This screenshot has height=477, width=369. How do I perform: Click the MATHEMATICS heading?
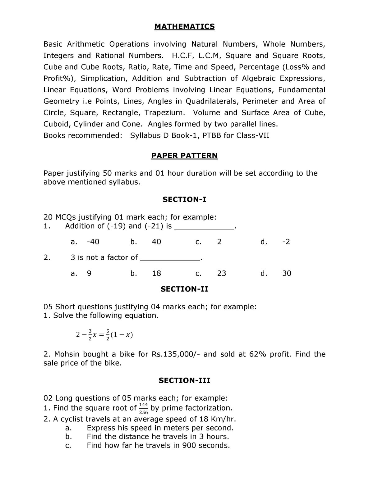coord(184,27)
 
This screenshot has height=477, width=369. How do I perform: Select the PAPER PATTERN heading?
coord(184,156)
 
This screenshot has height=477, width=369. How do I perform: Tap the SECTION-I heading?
coord(184,199)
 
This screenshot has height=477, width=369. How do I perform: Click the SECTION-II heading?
coord(184,289)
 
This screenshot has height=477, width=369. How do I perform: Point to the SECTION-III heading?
coord(184,380)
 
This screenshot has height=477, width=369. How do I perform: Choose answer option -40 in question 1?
coord(93,242)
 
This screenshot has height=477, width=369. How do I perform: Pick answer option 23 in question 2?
coord(222,273)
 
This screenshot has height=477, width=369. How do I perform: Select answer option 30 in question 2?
coord(287,273)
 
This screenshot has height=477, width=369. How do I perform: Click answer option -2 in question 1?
coord(286,242)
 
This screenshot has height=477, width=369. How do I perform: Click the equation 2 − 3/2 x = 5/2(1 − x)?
coord(104,335)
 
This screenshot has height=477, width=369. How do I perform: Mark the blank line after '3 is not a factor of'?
coord(170,259)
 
